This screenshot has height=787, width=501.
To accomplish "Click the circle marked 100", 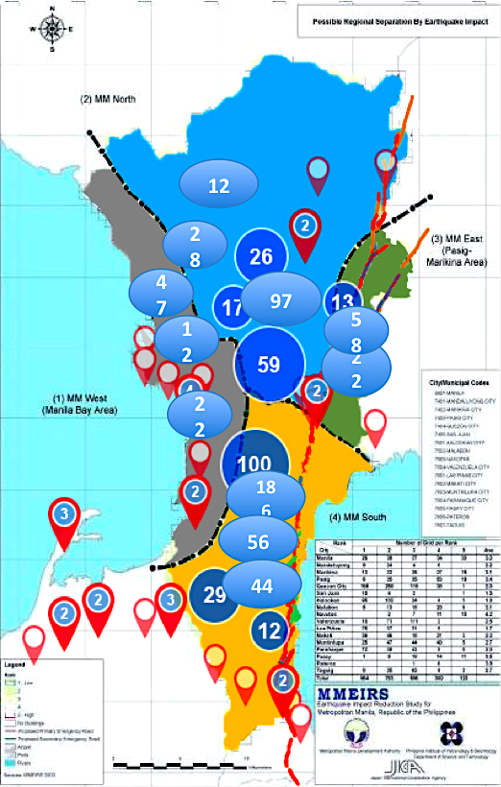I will [x=254, y=464].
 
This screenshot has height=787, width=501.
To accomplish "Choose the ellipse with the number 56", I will [x=258, y=541].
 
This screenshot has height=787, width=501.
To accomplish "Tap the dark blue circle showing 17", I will [x=232, y=308].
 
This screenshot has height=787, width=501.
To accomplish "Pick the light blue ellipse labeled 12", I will [x=219, y=186].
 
